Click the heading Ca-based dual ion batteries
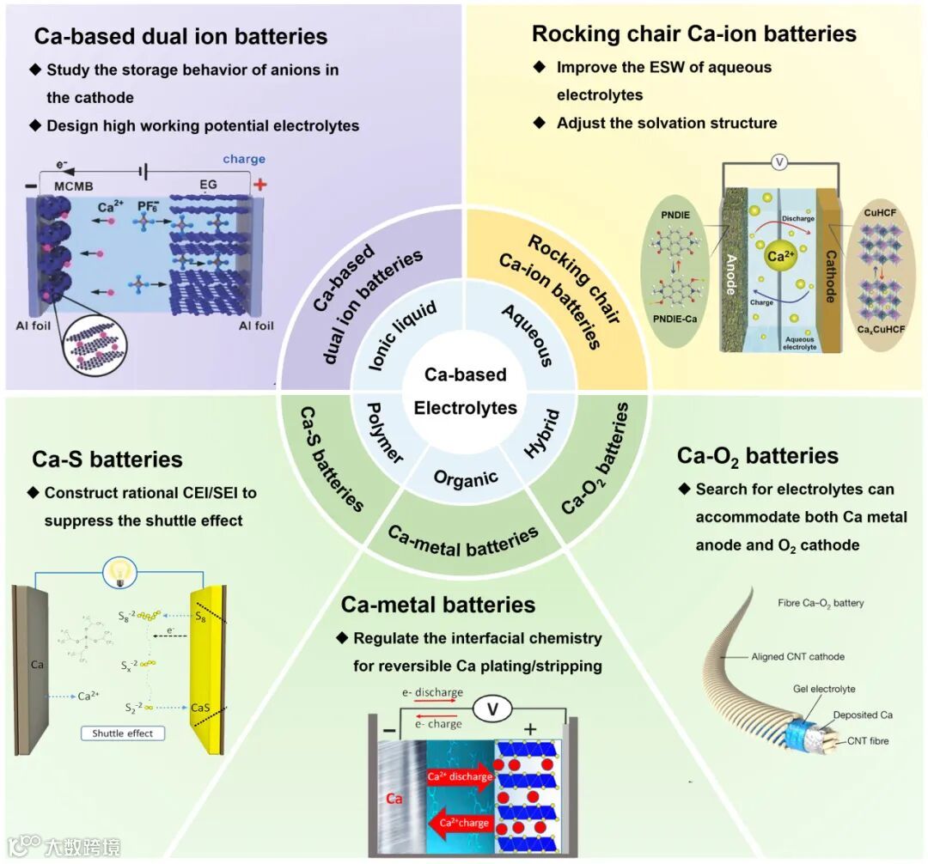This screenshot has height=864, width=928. (180, 36)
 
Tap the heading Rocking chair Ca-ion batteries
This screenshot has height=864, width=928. (693, 33)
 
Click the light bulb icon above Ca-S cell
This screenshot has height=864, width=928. (116, 574)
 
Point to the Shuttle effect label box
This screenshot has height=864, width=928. (122, 733)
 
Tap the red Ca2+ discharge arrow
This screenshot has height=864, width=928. (459, 778)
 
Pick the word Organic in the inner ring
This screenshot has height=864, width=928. (466, 478)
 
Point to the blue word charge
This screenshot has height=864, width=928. (244, 159)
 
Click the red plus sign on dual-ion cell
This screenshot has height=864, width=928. (259, 183)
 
